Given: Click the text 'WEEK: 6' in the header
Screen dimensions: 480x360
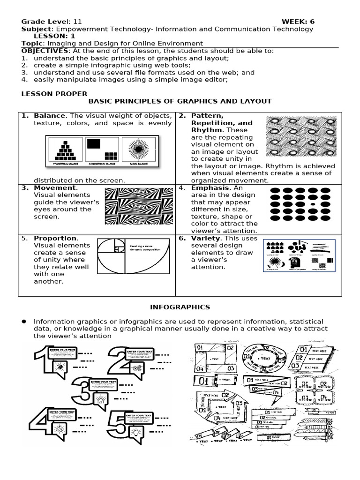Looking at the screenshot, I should click(x=297, y=22).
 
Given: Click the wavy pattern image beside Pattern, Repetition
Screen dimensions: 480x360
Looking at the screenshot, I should click(x=300, y=137).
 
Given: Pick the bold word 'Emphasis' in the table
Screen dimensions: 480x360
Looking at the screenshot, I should click(x=210, y=187).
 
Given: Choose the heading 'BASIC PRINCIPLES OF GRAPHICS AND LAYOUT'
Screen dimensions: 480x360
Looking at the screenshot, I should click(x=180, y=101).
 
